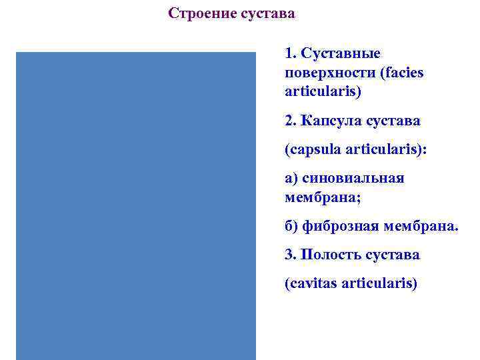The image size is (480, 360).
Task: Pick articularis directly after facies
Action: pyautogui.click(x=322, y=91)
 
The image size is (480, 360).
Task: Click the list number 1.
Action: pyautogui.click(x=289, y=53)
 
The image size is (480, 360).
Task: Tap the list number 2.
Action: pyautogui.click(x=289, y=121)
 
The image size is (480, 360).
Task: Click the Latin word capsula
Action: pyautogui.click(x=314, y=149)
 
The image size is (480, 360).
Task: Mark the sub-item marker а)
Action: pyautogui.click(x=291, y=178)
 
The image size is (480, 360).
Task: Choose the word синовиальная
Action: pyautogui.click(x=353, y=178)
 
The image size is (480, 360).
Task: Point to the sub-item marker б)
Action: pyautogui.click(x=291, y=227)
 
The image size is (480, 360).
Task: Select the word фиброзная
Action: pyautogui.click(x=340, y=227)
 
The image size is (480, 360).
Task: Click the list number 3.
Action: pyautogui.click(x=289, y=255)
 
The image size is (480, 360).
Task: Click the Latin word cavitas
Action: pyautogui.click(x=312, y=284)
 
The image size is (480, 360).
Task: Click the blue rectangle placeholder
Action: pyautogui.click(x=136, y=205)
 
